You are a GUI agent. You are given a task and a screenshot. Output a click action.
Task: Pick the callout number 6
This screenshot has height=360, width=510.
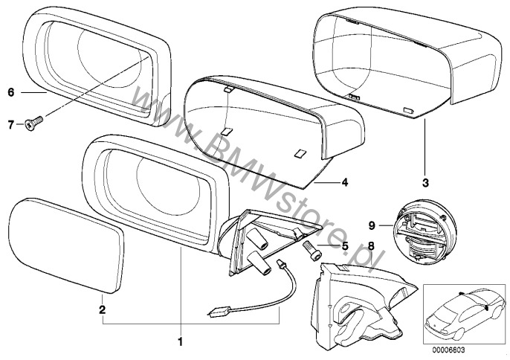tap(11, 93)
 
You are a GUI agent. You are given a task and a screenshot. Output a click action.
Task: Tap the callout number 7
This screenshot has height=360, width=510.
tap(11, 124)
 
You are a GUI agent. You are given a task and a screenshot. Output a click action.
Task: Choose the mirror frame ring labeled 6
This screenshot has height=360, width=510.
tap(97, 71)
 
